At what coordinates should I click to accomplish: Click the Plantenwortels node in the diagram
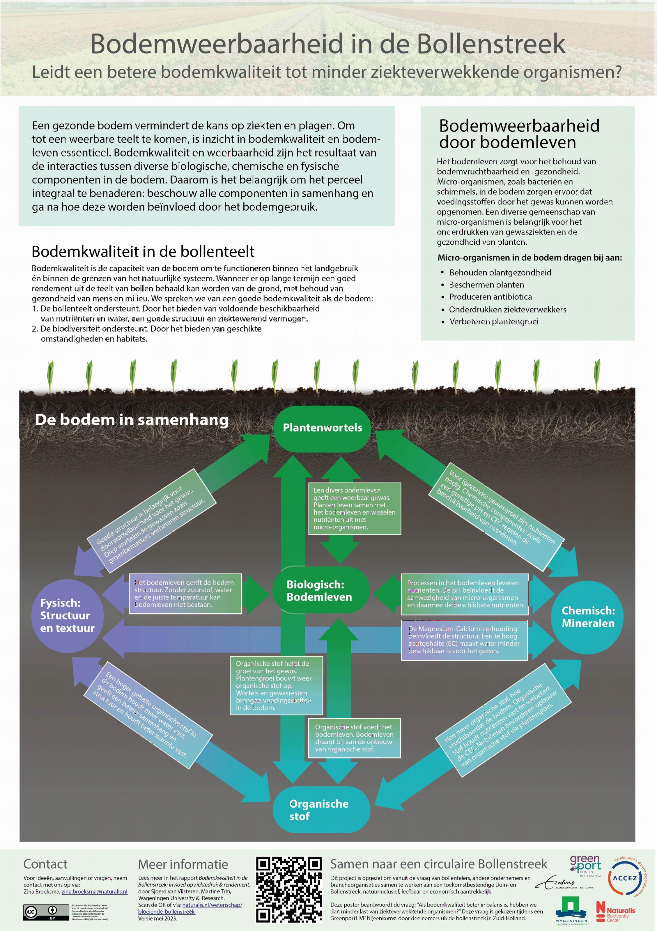[322, 428]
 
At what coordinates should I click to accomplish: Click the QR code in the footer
[289, 889]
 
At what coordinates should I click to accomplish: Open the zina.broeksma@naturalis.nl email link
[94, 892]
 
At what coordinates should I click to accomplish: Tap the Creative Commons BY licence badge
[45, 912]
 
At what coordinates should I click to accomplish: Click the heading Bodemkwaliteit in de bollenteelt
[143, 252]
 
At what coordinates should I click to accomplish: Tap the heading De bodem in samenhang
[132, 420]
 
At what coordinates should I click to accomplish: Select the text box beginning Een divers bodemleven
[354, 509]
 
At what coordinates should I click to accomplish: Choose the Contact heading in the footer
[45, 864]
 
